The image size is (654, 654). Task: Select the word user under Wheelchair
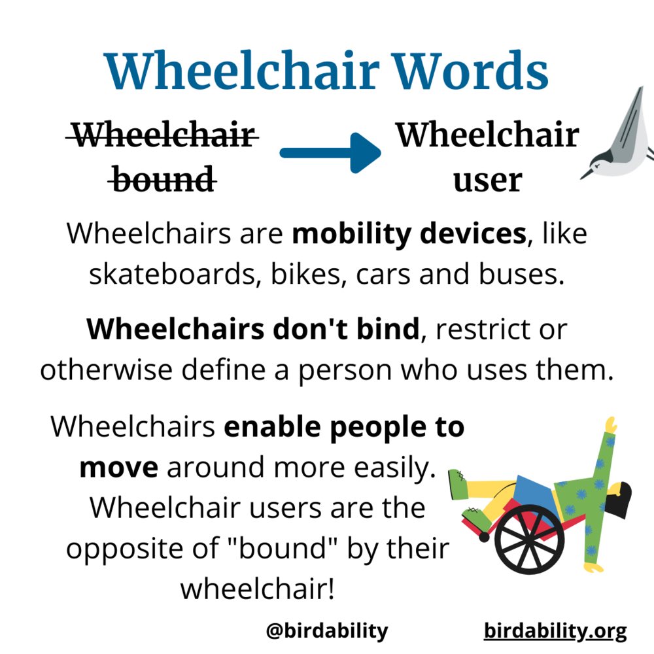pos(487,179)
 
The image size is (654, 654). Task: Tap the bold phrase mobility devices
pos(409,233)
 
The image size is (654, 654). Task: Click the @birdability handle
pos(327,631)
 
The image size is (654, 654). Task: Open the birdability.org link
pos(555,631)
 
